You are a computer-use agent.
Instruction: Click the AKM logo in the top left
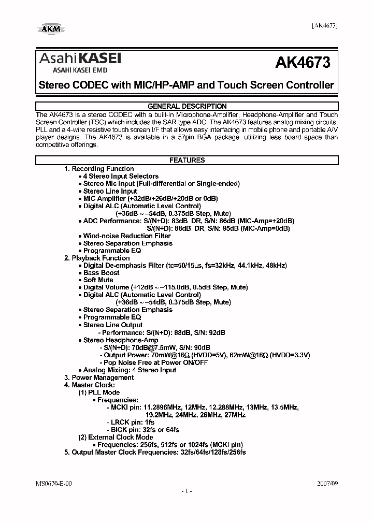[x=50, y=28]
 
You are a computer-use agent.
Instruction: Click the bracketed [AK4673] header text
[x=325, y=26]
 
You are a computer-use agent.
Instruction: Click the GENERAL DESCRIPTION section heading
[x=187, y=106]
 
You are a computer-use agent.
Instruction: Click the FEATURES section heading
[x=187, y=161]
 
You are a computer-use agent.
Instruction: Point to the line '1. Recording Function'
[x=99, y=169]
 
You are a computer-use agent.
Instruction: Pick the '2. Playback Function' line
[x=97, y=258]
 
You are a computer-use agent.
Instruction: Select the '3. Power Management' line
[x=99, y=377]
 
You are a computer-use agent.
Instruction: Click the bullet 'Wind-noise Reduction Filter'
[x=127, y=236]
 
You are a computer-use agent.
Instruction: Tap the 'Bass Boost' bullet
[x=102, y=272]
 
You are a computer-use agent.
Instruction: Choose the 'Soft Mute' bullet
[x=101, y=280]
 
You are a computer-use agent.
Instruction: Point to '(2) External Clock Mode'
[x=116, y=437]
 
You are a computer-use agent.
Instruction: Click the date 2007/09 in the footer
[x=327, y=483]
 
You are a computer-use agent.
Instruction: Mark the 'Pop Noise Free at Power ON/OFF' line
[x=155, y=362]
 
